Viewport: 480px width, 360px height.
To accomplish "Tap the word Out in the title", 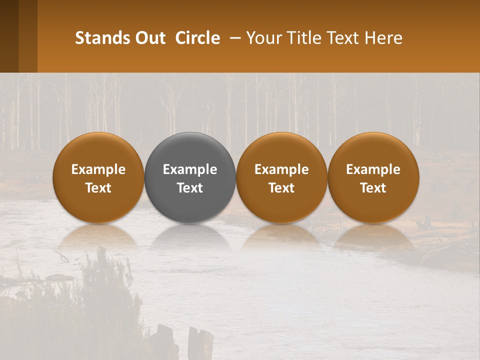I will pyautogui.click(x=149, y=38).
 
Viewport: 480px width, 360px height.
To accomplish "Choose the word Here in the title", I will pyautogui.click(x=385, y=38).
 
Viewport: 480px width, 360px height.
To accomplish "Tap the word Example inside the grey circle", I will pyautogui.click(x=190, y=169).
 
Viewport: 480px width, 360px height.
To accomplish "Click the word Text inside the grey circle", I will pyautogui.click(x=190, y=188).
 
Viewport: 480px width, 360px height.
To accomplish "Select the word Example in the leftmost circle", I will pyautogui.click(x=98, y=169).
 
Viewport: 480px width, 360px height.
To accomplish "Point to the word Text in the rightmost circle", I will pyautogui.click(x=373, y=188).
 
